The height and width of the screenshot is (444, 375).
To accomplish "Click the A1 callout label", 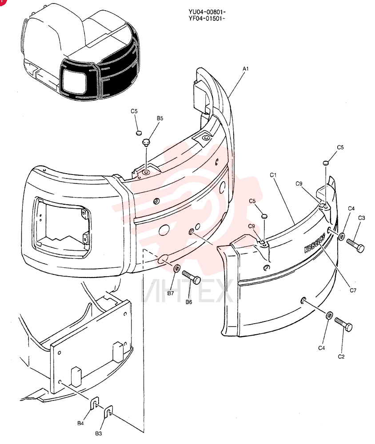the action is tap(245, 68).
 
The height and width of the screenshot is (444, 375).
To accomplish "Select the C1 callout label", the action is tap(273, 175).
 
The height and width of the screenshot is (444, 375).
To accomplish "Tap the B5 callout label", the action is tap(160, 119).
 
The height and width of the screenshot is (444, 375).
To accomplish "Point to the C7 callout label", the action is tap(353, 290).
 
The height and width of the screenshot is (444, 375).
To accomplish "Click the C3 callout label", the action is tap(361, 218).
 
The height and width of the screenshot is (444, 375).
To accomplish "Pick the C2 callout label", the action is tap(341, 357).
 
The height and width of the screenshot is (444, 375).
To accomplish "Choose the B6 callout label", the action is tap(189, 302).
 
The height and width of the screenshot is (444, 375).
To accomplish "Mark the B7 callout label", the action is tap(170, 293).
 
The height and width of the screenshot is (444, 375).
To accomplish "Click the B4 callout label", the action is tap(80, 423).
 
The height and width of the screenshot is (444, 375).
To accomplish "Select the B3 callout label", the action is tap(98, 433).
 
